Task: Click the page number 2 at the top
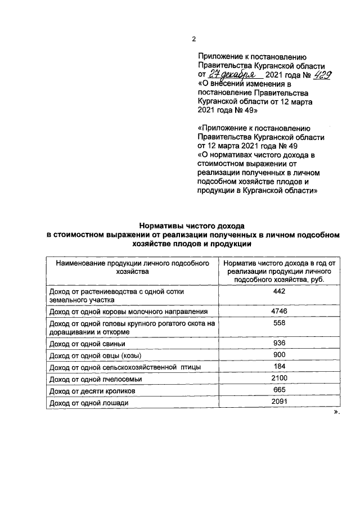(x=194, y=39)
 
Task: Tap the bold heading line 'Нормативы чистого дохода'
(x=193, y=226)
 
